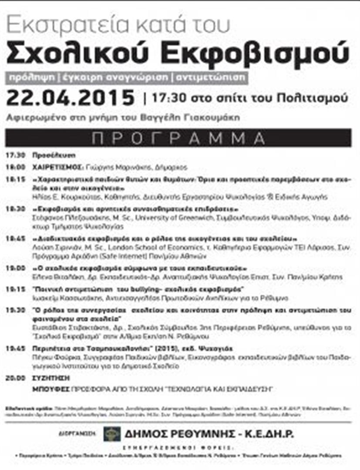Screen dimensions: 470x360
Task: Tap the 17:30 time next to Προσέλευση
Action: [x=15, y=155]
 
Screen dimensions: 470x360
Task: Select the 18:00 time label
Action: [x=15, y=167]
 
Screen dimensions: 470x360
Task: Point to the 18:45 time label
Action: [x=15, y=239]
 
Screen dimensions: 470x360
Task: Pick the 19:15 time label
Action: [x=15, y=289]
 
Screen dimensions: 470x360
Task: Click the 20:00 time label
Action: [x=15, y=379]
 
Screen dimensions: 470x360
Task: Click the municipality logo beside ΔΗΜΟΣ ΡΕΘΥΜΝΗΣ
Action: [x=112, y=434]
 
